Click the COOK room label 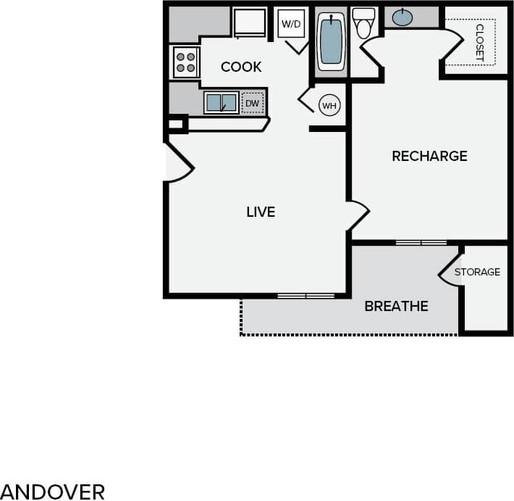241,67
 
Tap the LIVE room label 261,212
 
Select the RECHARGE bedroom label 429,156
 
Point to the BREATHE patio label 396,306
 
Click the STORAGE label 477,272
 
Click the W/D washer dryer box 291,25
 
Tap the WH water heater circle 329,106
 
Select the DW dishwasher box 252,104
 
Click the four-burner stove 185,62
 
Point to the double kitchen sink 221,103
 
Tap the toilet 363,24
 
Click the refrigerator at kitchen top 250,22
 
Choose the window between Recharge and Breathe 421,242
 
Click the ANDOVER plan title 53,491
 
